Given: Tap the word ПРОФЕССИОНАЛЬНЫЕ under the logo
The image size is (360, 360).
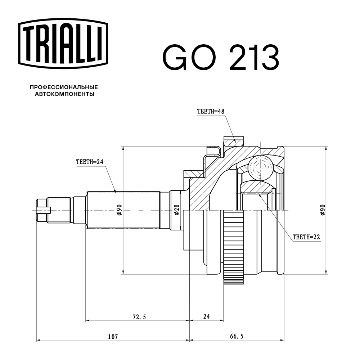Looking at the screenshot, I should (64, 87).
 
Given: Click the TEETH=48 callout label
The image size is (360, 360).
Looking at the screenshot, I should (211, 112).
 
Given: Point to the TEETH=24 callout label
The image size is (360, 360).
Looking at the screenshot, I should (90, 162).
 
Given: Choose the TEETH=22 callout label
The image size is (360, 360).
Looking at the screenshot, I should (306, 237).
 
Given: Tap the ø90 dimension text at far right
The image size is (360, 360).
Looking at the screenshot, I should (322, 210).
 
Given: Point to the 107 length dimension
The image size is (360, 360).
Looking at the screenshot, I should (113, 337).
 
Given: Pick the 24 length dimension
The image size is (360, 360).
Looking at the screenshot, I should (206, 317).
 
